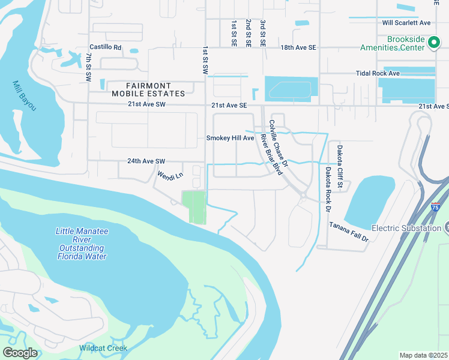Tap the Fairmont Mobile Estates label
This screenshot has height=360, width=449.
148,90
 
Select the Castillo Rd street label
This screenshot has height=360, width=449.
105,47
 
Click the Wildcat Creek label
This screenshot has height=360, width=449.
103,348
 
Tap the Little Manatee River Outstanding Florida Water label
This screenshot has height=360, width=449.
81,244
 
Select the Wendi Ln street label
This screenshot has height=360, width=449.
169,176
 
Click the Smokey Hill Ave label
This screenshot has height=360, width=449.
231,138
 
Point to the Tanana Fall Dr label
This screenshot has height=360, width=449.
348,231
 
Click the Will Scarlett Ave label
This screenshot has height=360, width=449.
407,23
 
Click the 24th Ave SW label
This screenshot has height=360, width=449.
145,161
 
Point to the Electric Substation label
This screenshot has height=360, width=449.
406,228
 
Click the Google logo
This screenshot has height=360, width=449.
20,352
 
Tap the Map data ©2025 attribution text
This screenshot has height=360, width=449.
423,355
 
